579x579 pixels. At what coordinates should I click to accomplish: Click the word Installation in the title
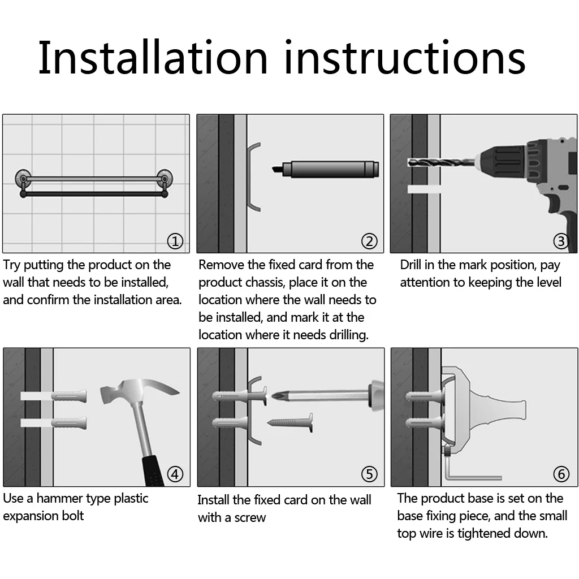pos(153,58)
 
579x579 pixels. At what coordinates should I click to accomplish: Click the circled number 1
pos(175,241)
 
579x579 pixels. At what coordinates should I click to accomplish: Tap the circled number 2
pos(369,241)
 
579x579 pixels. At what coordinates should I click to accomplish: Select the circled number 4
pos(175,474)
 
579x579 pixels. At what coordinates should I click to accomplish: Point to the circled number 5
pos(369,474)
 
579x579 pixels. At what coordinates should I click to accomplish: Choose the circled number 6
pos(561,474)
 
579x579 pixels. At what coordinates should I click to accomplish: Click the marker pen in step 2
pos(325,169)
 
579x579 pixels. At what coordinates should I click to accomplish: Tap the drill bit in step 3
pos(441,162)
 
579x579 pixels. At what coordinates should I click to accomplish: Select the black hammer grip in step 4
pos(154,472)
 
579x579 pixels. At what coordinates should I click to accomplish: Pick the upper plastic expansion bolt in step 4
pos(69,396)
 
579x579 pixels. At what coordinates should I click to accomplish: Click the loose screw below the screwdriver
pos(290,422)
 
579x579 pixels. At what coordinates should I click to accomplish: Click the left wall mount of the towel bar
pos(23,179)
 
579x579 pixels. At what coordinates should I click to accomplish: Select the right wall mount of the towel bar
pos(165,179)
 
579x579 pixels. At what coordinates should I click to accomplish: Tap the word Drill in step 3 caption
pos(411,265)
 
